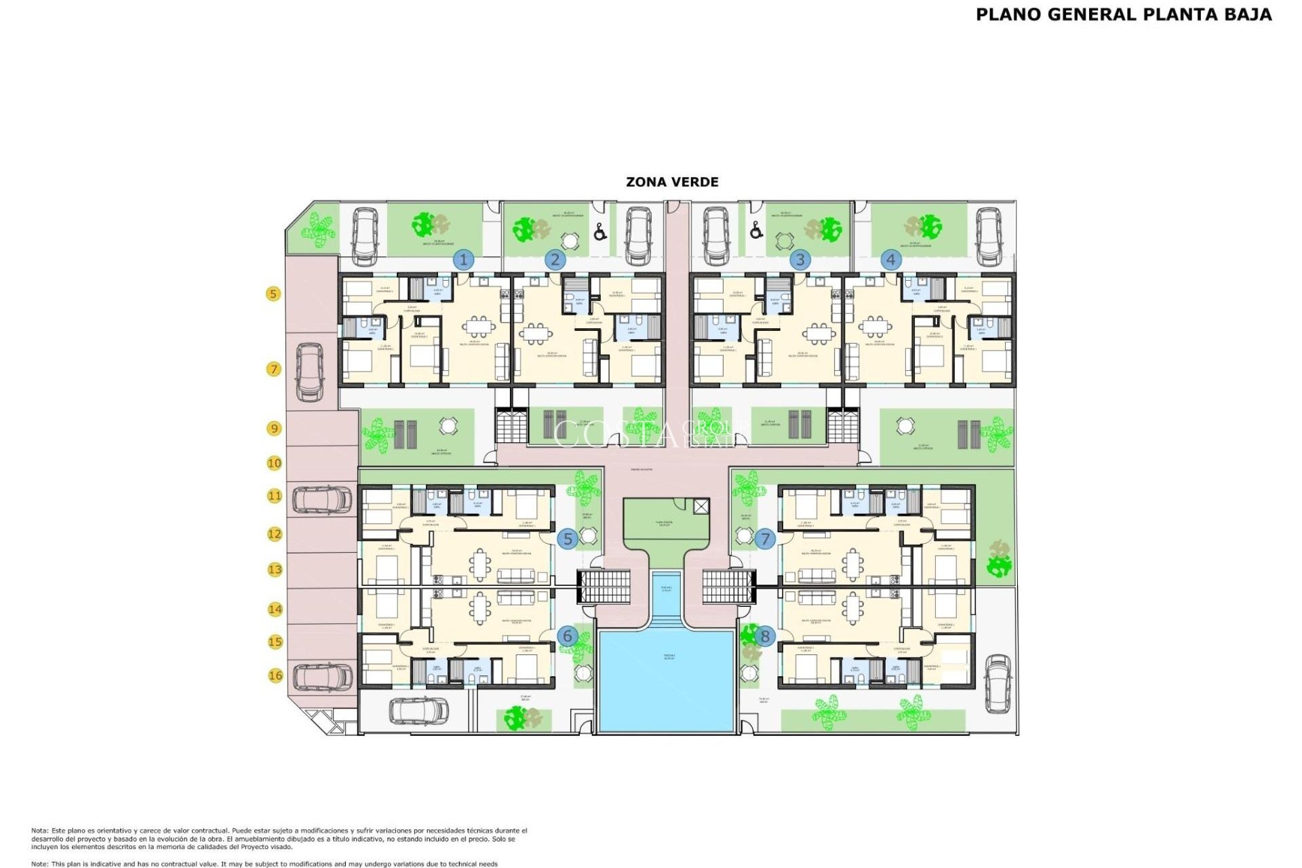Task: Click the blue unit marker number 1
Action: click(464, 260)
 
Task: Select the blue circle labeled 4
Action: click(890, 259)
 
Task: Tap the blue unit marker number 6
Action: click(568, 636)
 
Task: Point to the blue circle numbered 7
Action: click(765, 539)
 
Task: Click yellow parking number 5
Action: click(273, 294)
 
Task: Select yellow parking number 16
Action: click(275, 675)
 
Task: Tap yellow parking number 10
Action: click(274, 463)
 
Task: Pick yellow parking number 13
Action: click(275, 570)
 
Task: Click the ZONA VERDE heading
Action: click(672, 182)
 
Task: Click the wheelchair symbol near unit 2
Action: click(599, 233)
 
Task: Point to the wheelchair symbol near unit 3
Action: click(756, 231)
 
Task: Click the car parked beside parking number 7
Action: click(310, 372)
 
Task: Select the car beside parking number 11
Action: click(322, 500)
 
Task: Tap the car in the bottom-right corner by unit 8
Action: click(998, 683)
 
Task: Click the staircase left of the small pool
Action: click(604, 587)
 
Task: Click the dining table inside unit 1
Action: click(479, 327)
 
